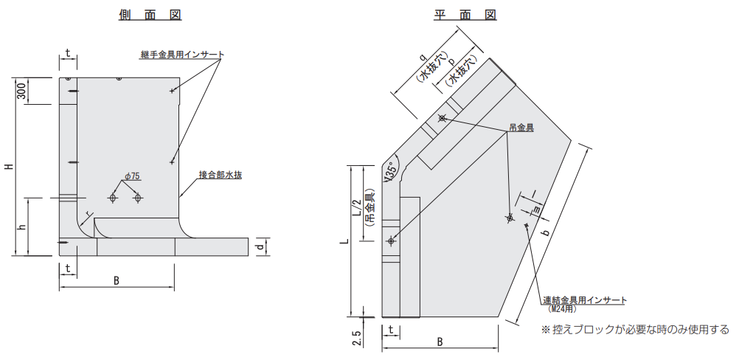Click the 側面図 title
150,15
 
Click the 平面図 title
465,15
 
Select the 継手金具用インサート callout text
182,54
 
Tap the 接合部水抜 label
220,175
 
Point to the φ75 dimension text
133,176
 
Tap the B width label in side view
117,281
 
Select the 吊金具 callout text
521,127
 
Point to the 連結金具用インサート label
585,300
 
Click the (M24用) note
563,309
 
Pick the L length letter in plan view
345,241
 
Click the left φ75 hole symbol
113,198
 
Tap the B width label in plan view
440,342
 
